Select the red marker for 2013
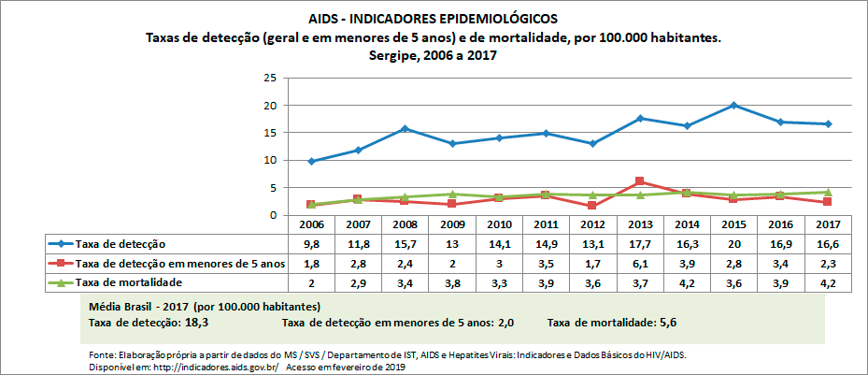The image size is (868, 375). (639, 181)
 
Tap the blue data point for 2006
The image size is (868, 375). (312, 161)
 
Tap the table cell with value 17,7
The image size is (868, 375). (639, 244)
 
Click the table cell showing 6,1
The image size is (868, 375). (639, 264)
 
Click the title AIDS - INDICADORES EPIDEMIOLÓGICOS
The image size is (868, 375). (434, 18)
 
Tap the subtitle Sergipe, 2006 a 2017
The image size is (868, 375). (434, 55)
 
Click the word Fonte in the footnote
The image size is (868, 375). (101, 355)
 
